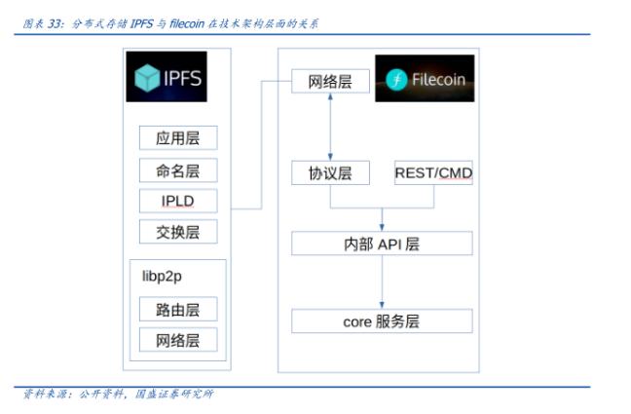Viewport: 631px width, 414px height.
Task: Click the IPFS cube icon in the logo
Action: pos(147,78)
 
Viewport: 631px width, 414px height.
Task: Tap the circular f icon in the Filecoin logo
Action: pos(396,80)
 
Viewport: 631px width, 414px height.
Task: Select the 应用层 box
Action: pos(177,138)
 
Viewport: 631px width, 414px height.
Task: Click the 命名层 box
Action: pos(177,170)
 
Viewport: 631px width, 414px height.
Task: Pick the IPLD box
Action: pos(177,201)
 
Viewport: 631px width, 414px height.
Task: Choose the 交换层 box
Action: pos(177,232)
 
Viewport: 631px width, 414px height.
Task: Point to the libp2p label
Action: pos(163,277)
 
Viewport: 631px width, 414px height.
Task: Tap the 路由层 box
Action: pos(177,310)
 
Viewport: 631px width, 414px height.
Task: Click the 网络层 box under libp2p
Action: pos(177,340)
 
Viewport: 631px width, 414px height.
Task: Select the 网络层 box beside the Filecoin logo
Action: pos(330,82)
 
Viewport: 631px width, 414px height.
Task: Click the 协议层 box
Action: pos(330,173)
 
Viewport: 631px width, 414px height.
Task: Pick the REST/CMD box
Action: pos(433,173)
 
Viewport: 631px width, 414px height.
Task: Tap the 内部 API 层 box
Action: pos(382,244)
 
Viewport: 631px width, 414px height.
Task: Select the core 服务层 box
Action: pos(382,321)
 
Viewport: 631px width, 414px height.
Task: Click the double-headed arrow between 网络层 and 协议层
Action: pos(330,128)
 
